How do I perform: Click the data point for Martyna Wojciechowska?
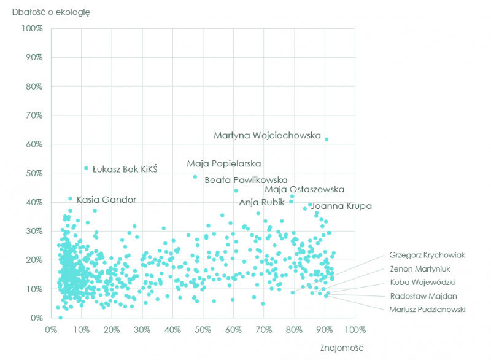click(x=327, y=139)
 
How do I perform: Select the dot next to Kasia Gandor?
click(x=71, y=198)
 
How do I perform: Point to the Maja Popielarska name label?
click(x=223, y=164)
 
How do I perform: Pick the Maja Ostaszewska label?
click(x=304, y=189)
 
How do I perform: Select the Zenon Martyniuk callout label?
click(x=419, y=268)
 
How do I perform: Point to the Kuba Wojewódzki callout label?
click(x=422, y=283)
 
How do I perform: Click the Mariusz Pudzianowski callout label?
click(x=427, y=309)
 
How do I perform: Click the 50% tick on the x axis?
click(x=203, y=329)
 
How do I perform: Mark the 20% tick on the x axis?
click(x=112, y=329)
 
